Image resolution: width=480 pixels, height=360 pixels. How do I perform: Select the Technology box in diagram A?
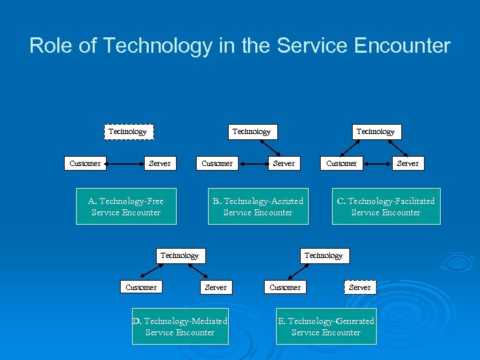127,131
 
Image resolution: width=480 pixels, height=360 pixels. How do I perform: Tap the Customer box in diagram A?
85,163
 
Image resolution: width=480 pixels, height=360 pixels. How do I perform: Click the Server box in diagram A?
160,163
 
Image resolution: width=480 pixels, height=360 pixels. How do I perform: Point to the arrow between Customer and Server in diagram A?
123,163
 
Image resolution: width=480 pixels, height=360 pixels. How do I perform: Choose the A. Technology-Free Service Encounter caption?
126,207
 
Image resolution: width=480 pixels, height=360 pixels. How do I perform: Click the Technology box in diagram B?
251,131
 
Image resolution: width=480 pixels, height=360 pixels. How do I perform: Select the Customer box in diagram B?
217,163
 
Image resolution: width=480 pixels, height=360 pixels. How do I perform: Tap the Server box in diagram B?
284,163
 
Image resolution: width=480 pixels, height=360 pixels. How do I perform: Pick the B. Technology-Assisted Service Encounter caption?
258,207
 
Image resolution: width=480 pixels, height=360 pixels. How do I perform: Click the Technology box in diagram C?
375,131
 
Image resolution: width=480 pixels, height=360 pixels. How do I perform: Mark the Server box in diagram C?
408,163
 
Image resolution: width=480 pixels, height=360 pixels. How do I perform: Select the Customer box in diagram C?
341,163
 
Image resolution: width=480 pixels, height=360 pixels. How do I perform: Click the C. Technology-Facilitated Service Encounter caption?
386,207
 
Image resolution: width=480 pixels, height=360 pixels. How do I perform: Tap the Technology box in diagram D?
179,255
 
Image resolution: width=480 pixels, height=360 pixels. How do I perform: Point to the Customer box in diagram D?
141,287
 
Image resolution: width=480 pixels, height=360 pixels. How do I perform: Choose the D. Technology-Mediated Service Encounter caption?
180,327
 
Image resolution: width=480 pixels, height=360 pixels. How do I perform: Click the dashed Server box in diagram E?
360,287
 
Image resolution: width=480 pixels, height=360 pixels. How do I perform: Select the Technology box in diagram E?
323,255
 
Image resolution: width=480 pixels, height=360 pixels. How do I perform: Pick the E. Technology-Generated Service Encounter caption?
326,327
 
